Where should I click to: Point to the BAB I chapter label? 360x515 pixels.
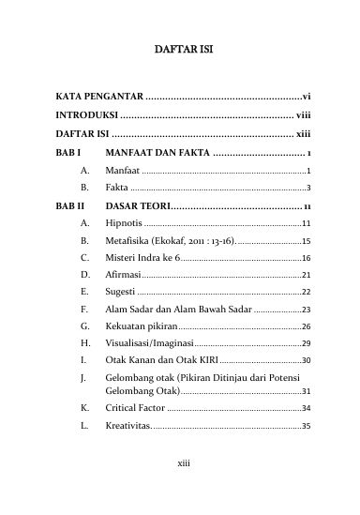68,153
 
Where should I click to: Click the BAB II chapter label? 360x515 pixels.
70,205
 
